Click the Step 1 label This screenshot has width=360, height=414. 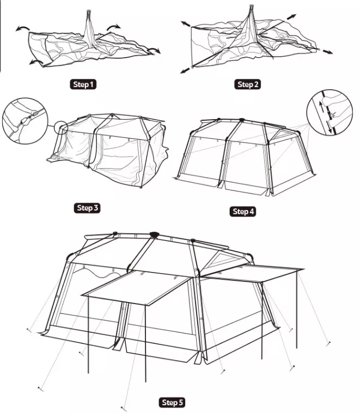pos(83,84)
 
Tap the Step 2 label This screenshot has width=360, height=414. pos(247,84)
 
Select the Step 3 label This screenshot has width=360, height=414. pos(88,208)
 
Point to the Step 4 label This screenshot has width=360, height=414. pos(243,211)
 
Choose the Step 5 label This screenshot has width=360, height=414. pos(172,403)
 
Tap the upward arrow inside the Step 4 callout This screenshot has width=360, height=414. pos(321,107)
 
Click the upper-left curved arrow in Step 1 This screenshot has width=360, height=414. pos(22,28)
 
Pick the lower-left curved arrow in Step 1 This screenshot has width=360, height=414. pos(36,61)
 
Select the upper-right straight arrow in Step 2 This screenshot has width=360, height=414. pos(291,17)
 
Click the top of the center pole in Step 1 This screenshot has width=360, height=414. pos(88,11)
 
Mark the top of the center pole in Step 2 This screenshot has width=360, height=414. pos(252,6)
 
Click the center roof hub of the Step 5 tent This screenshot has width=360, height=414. pos(154,234)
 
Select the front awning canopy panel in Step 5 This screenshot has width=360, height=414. pos(135,287)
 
